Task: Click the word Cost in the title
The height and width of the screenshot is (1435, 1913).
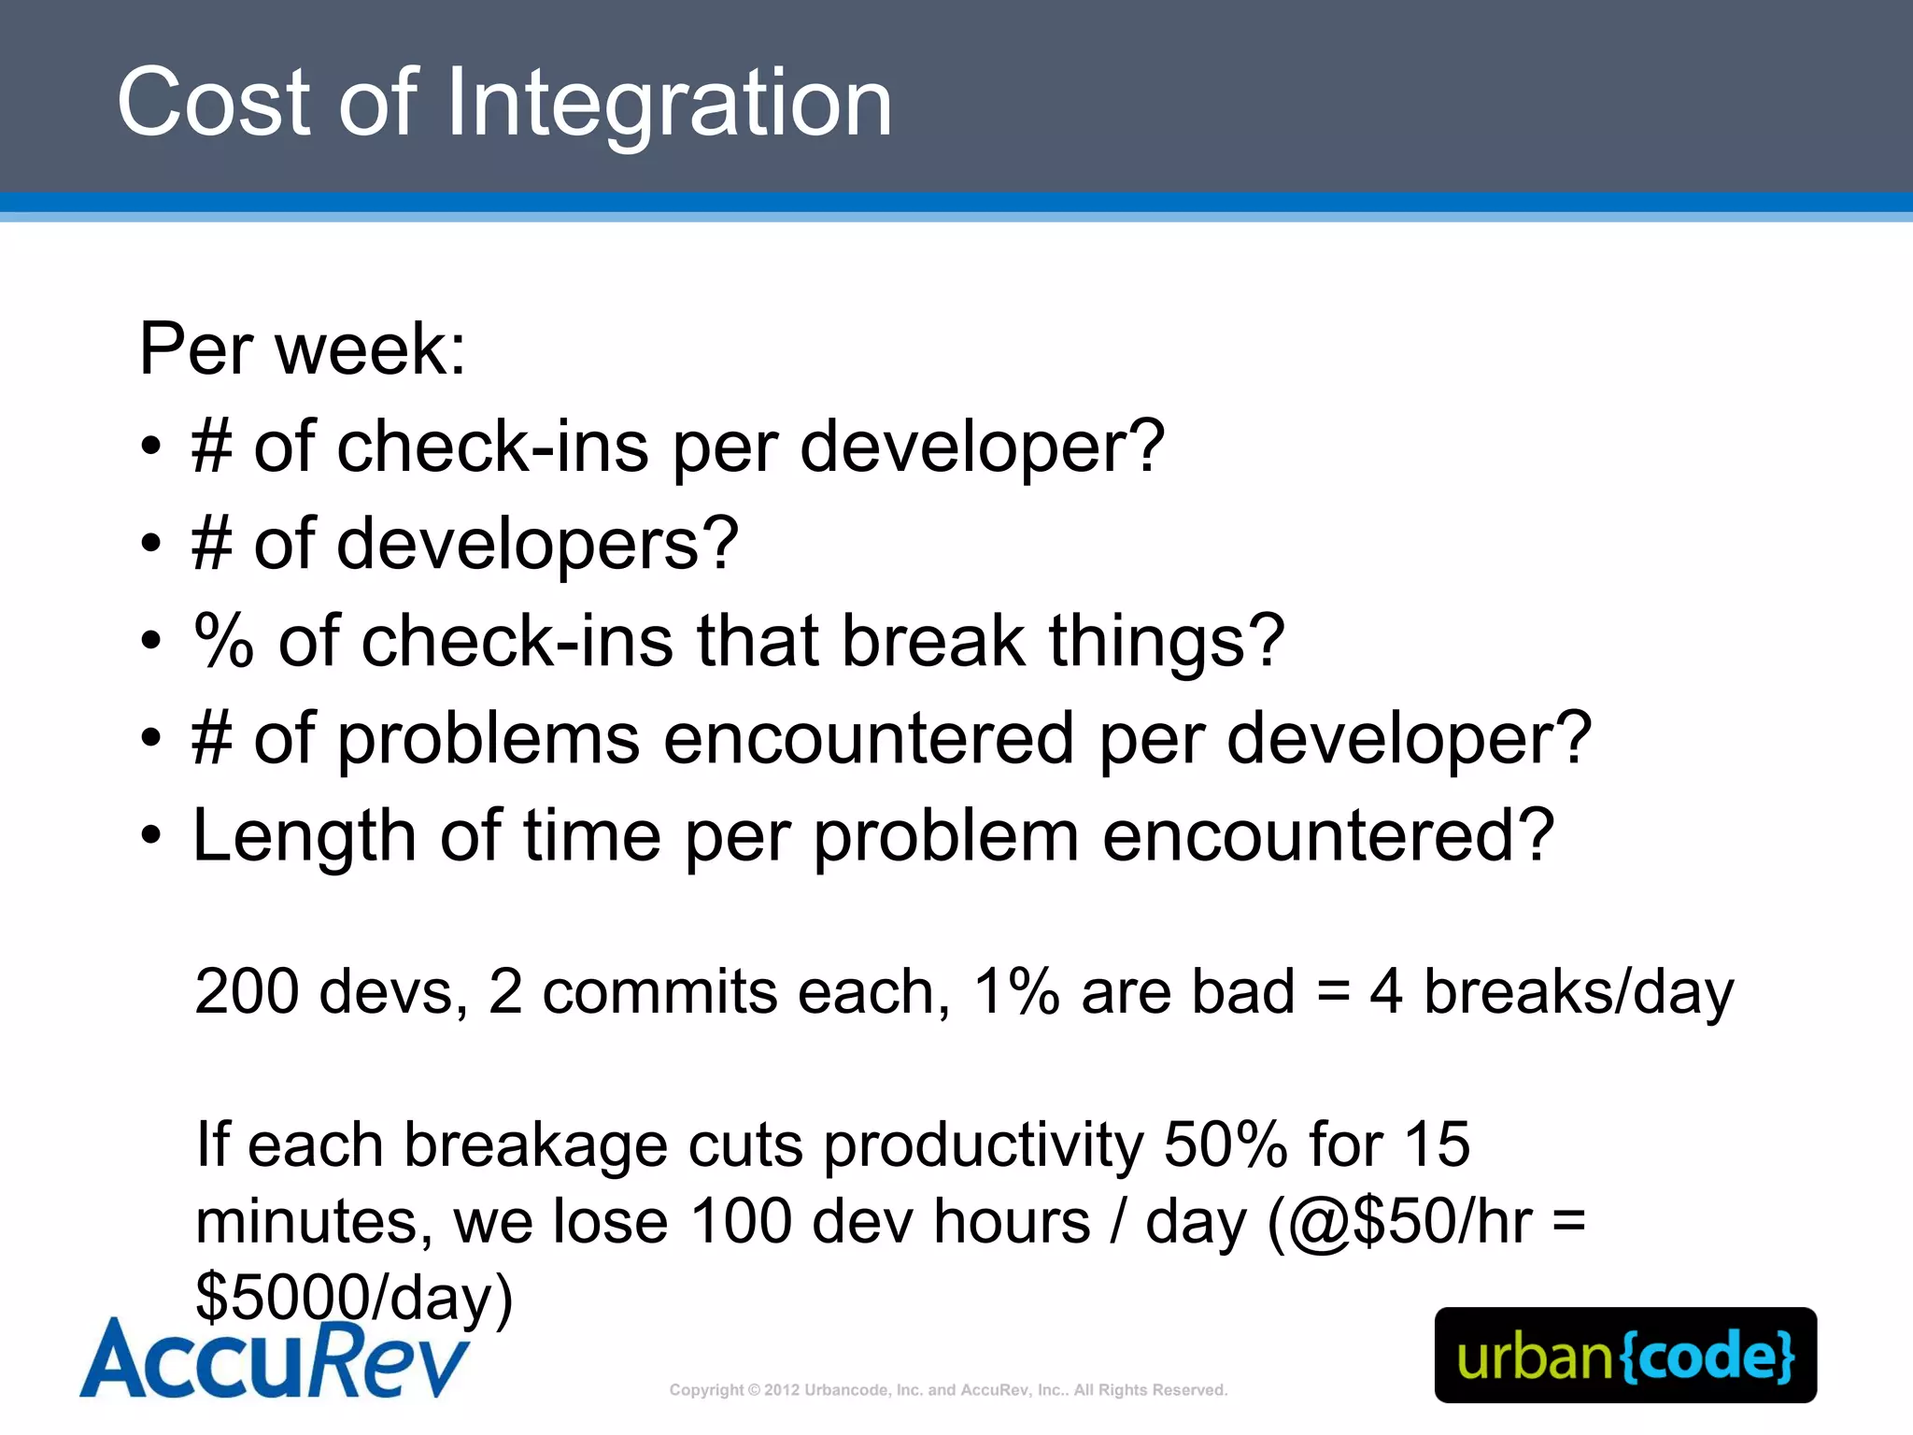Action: point(213,103)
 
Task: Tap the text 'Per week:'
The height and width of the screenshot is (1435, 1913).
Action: point(302,349)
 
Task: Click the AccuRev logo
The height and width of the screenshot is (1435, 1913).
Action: point(275,1359)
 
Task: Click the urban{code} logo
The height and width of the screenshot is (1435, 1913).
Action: point(1625,1356)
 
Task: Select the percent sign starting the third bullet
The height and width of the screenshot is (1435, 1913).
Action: point(223,641)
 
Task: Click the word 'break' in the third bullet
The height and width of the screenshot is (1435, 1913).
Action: point(933,641)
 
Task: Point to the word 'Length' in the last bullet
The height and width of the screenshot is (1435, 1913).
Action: point(305,835)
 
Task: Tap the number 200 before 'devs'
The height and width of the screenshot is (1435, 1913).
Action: point(246,991)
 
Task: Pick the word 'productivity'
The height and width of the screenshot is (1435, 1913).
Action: point(984,1145)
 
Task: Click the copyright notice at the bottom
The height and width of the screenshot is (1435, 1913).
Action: point(948,1390)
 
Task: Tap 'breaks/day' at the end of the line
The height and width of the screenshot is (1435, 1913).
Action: point(1578,991)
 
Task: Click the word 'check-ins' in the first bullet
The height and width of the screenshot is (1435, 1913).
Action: point(492,447)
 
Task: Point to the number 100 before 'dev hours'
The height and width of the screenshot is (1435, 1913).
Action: point(742,1222)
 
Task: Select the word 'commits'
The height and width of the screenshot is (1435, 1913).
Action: point(659,991)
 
